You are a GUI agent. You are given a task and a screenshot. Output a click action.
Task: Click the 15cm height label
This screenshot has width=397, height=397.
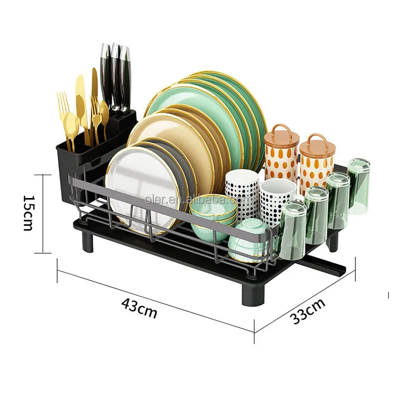click(27, 213)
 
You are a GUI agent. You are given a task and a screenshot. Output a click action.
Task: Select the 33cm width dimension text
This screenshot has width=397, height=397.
click(308, 311)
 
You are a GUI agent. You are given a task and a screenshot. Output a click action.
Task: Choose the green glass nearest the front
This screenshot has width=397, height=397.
click(293, 231)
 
